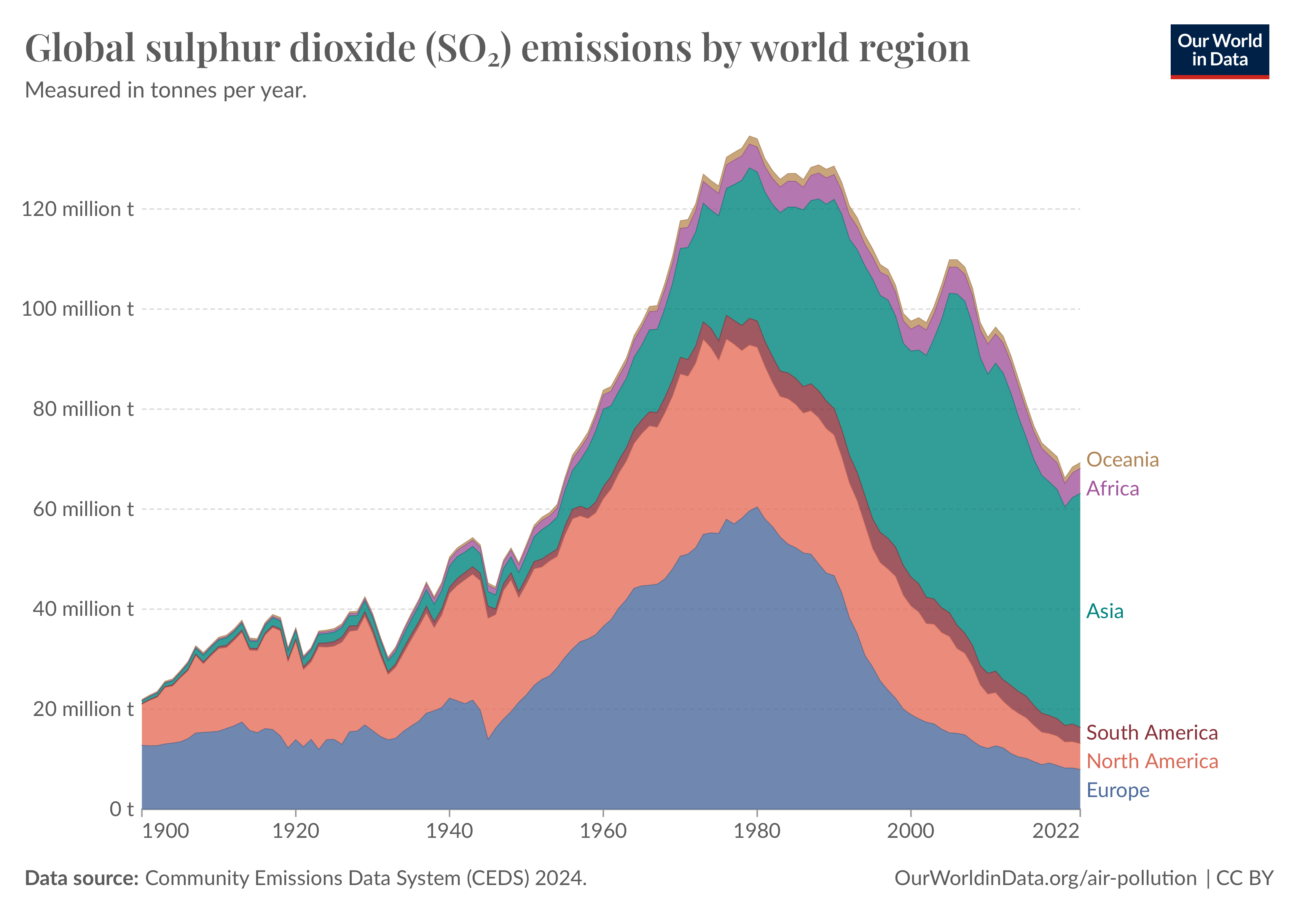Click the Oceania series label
pos(1122,460)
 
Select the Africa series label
pos(1112,488)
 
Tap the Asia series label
pos(1104,611)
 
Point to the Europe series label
pos(1117,790)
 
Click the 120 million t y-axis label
pos(77,209)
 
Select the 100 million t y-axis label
pos(77,309)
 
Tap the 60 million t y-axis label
pos(83,509)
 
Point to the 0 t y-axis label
pos(121,809)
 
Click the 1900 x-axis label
pos(165,831)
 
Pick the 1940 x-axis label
pos(449,831)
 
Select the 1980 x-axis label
pos(757,831)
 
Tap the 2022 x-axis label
pos(1056,831)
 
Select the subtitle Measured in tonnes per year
pos(166,90)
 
